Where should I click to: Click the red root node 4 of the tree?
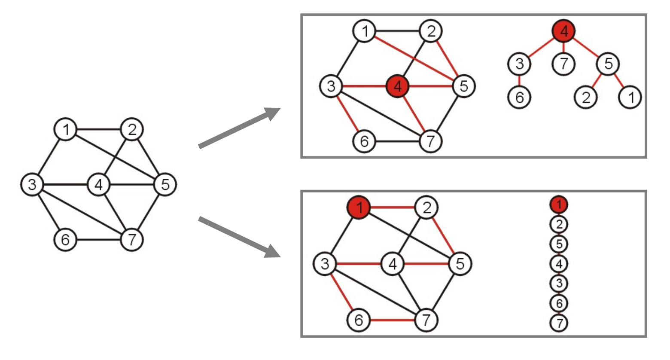(x=563, y=31)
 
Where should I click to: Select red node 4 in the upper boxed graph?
(x=398, y=86)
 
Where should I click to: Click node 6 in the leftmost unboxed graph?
(x=65, y=239)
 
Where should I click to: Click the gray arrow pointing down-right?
(x=239, y=238)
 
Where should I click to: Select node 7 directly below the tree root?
(x=563, y=64)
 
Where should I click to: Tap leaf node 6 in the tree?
(x=519, y=98)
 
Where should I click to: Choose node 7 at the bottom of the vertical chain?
(x=558, y=323)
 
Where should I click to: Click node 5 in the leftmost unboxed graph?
(x=165, y=185)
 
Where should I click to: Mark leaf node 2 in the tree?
(x=586, y=98)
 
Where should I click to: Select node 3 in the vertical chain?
(x=558, y=283)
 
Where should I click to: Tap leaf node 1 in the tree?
(x=629, y=98)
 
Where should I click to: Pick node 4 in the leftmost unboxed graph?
(x=99, y=185)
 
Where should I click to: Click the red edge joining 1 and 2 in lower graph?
(x=392, y=208)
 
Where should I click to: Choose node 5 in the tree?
(x=608, y=64)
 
